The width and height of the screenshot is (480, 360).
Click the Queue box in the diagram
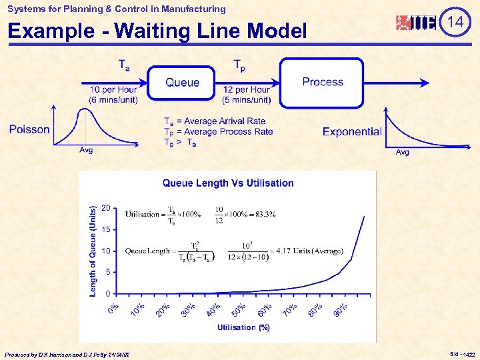tap(181, 83)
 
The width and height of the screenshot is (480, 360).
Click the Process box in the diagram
tap(322, 82)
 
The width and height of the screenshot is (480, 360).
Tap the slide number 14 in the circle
tap(455, 22)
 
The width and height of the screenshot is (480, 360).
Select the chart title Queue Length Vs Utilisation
tap(228, 183)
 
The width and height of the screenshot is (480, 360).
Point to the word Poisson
tap(29, 129)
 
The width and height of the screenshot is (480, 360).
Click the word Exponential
tap(351, 132)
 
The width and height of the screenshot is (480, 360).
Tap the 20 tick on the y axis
tap(105, 208)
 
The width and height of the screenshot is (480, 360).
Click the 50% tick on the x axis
tap(237, 310)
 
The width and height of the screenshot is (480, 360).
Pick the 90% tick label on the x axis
tap(341, 310)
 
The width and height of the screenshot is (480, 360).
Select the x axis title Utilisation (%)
tap(243, 327)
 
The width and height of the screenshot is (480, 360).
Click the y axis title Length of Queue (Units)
tap(93, 251)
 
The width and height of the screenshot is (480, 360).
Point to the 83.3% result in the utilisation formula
tap(263, 215)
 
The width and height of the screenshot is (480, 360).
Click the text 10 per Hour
tap(113, 90)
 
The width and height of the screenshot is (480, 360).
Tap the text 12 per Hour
tap(246, 90)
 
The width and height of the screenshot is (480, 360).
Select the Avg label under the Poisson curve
tap(86, 151)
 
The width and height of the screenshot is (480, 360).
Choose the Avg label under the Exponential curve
tap(403, 153)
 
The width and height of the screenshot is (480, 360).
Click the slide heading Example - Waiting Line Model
tap(157, 31)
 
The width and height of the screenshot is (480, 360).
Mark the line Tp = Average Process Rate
tap(218, 131)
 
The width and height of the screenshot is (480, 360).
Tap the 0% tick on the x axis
tap(113, 310)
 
